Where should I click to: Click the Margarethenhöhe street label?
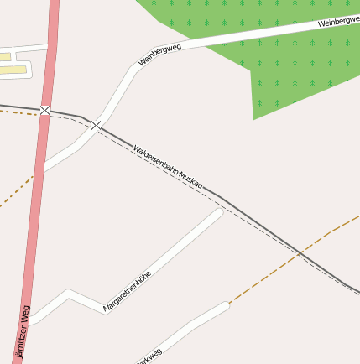[x=127, y=291]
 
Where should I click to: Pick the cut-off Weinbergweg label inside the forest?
[x=338, y=21]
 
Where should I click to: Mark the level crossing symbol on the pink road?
[x=45, y=110]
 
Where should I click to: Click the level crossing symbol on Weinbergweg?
[x=97, y=126]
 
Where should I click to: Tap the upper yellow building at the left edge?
[x=5, y=56]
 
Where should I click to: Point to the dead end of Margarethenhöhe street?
[x=220, y=213]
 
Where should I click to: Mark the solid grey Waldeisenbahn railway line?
[x=252, y=217]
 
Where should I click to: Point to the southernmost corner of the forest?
[x=253, y=119]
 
